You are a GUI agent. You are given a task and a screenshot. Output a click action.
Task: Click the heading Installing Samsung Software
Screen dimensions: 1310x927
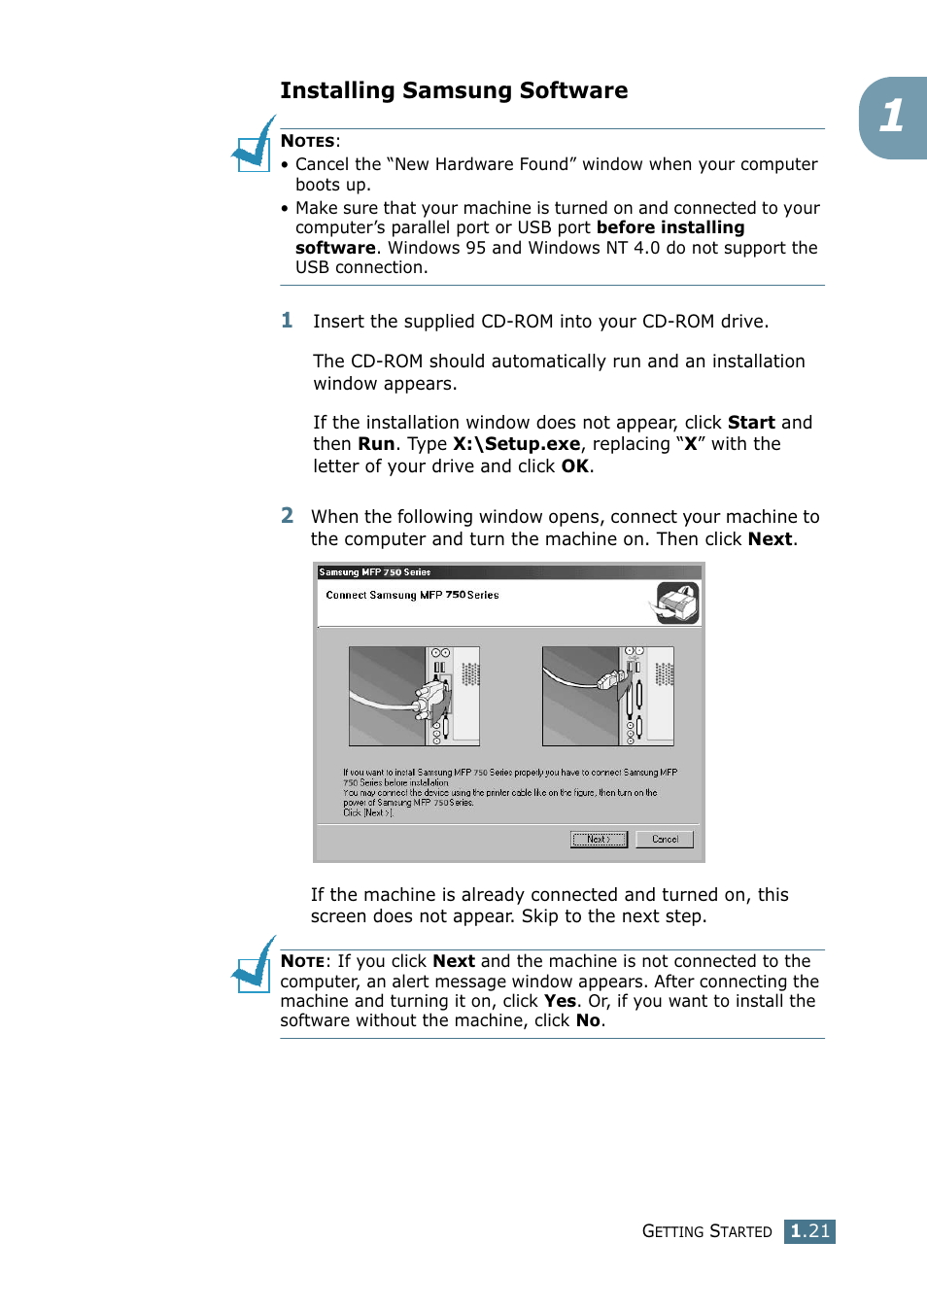point(454,91)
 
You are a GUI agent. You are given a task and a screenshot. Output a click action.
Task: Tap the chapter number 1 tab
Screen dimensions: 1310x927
point(893,118)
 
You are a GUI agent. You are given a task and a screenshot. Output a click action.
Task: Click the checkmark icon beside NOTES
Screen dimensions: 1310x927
point(254,147)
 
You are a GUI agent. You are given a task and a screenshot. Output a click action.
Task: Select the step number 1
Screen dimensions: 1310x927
point(287,321)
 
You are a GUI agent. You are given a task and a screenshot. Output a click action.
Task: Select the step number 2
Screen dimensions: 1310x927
point(287,516)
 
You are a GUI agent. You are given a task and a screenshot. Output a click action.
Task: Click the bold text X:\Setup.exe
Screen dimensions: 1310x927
point(516,444)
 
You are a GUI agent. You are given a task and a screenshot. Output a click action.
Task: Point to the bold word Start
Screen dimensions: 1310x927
point(751,423)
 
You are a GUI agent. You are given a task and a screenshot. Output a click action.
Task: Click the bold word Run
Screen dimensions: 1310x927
point(376,444)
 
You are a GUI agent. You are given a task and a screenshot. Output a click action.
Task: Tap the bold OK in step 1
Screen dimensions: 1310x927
point(574,466)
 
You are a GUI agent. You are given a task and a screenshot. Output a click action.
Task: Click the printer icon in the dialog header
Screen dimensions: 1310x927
point(677,603)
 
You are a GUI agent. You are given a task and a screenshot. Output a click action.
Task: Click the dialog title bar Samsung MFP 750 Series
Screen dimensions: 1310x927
point(508,572)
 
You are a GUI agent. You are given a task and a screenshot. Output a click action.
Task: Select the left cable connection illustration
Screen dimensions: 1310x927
point(414,696)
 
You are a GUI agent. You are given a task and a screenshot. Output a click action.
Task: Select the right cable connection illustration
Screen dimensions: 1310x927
point(607,696)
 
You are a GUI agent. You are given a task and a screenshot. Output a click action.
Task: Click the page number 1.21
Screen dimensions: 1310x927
point(809,1231)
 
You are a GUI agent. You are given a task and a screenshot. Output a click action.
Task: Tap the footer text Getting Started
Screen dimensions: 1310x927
point(706,1231)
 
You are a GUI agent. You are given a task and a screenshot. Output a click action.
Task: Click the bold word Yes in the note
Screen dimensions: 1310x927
point(560,1001)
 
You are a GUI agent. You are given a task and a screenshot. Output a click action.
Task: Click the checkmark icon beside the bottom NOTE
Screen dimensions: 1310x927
point(254,966)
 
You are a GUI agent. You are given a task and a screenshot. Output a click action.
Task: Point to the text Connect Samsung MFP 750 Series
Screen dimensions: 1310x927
point(412,595)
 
